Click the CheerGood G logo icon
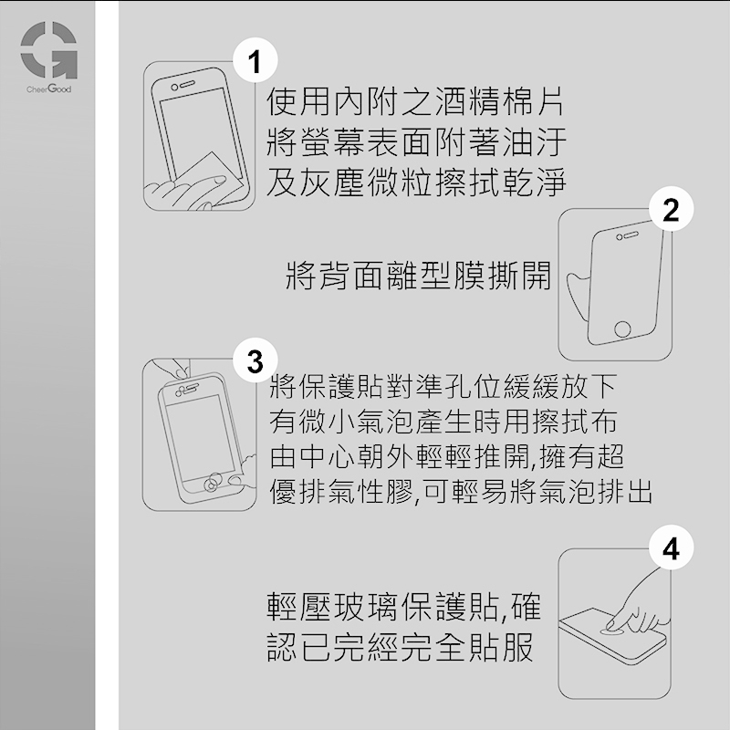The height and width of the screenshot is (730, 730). tap(49, 50)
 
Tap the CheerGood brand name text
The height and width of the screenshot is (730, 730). tap(49, 89)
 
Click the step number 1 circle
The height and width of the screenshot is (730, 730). tap(255, 61)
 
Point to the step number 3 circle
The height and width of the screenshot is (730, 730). tap(255, 360)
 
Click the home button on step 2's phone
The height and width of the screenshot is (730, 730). tap(622, 328)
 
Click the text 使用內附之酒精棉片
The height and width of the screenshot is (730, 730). tap(415, 101)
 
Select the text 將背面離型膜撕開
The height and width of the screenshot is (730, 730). tap(418, 275)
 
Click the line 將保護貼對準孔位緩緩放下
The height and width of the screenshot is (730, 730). tap(443, 386)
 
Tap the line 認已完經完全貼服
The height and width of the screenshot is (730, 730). tap(401, 646)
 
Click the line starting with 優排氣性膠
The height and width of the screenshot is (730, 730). tap(461, 491)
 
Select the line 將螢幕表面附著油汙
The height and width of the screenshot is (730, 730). tap(416, 141)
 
